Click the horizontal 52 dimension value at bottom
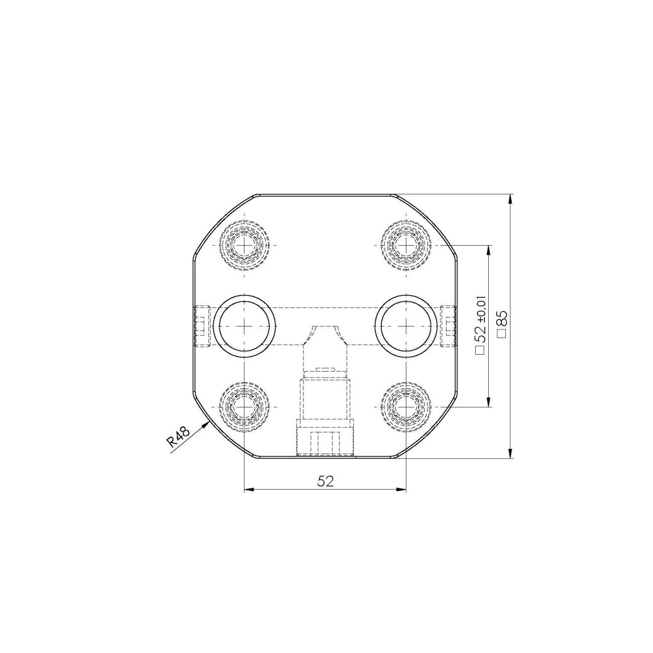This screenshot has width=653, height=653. [325, 481]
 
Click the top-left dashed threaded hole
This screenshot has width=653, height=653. [245, 245]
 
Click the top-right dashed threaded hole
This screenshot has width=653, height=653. [405, 245]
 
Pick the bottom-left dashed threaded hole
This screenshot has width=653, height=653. [245, 406]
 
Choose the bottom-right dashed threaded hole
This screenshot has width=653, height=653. [405, 406]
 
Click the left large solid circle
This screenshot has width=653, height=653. [245, 326]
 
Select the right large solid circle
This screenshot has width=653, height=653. [405, 326]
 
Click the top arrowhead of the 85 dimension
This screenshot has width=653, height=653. [510, 199]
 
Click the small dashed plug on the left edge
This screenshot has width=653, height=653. [201, 326]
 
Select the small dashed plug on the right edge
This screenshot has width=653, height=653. [448, 326]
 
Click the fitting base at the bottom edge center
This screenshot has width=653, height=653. [325, 442]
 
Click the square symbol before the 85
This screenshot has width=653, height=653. [501, 334]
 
